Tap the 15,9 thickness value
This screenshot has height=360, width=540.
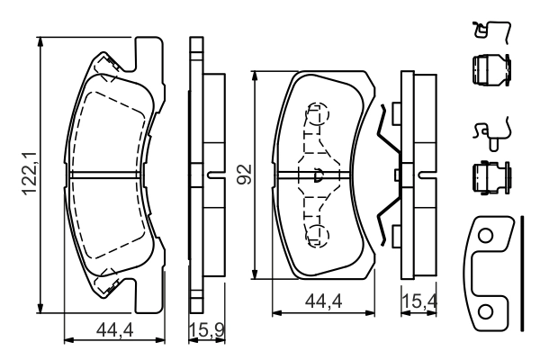pos(205,332)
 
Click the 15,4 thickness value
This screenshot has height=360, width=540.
pos(416,304)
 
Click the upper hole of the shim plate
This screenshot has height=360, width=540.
pos(485,237)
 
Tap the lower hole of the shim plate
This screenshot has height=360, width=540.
pos(485,311)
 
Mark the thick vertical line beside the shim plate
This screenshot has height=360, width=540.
pos(520,270)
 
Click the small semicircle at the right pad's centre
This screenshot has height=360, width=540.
pos(318,176)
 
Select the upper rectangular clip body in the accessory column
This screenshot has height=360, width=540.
pos(489,70)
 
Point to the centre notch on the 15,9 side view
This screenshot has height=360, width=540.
pos(212,174)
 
